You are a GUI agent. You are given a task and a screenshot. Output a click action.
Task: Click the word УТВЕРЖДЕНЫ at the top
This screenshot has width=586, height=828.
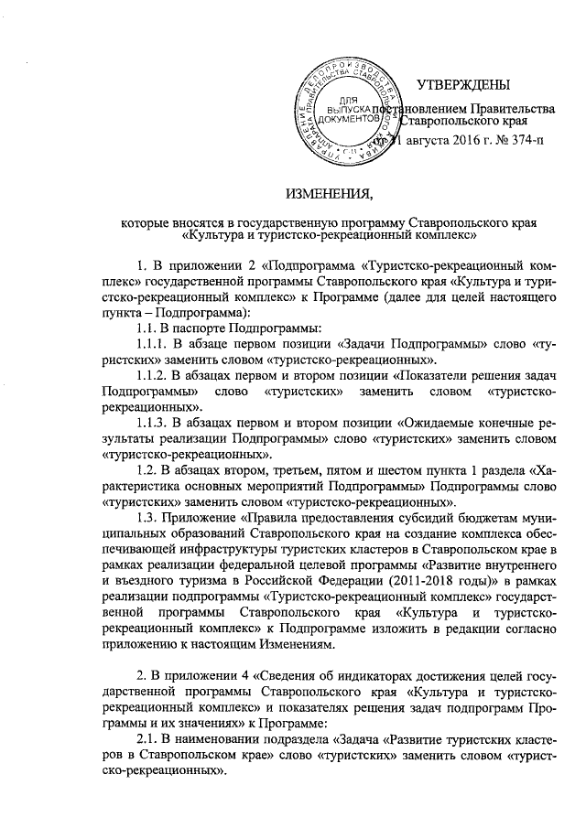[463, 86]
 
